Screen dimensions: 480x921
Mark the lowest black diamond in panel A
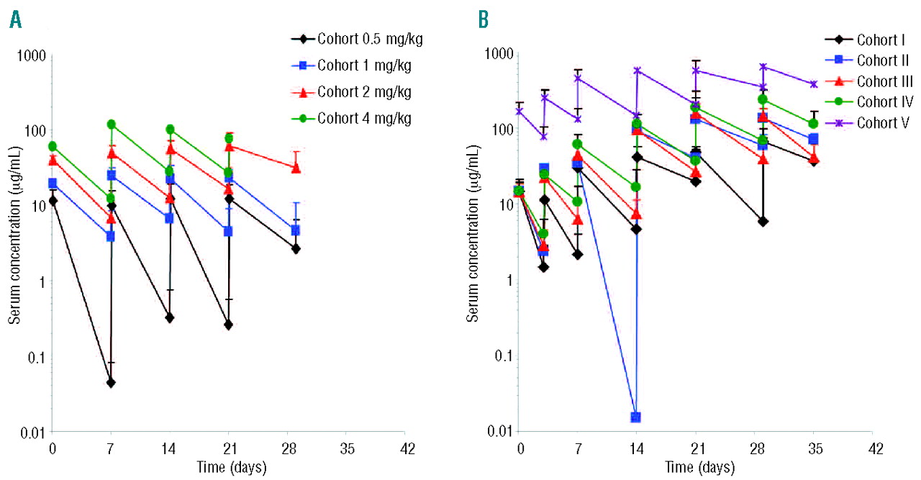point(111,383)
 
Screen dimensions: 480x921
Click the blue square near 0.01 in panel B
point(636,417)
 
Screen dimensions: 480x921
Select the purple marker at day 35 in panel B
point(814,84)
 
